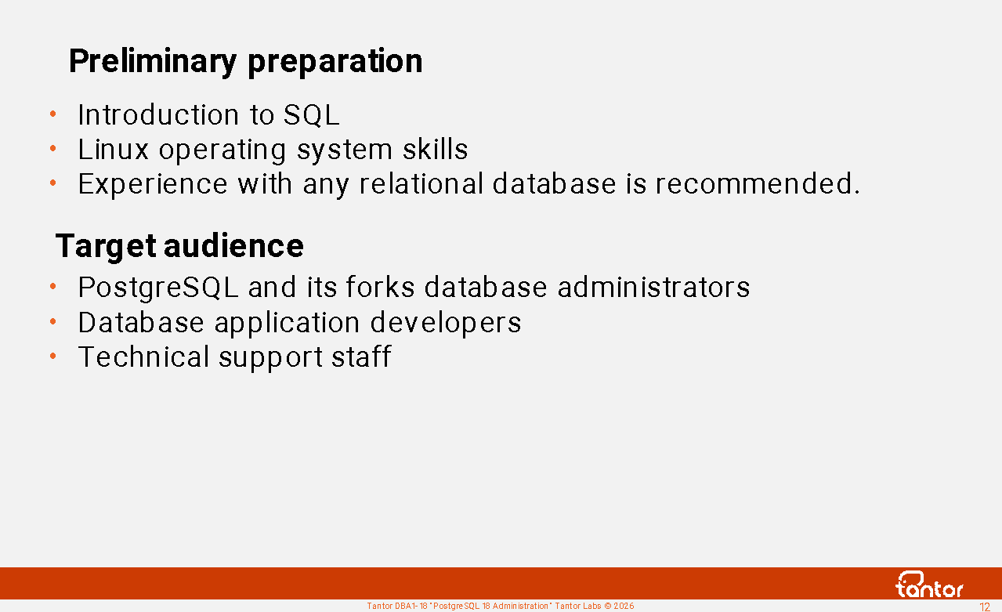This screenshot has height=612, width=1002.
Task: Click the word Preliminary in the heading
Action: click(153, 61)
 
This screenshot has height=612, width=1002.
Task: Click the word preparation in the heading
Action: click(335, 61)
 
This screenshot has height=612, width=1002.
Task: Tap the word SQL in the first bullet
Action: click(311, 115)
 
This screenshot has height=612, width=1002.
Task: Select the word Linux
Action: click(113, 149)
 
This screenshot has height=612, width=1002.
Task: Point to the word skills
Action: click(436, 149)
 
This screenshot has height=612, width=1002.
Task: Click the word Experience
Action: click(153, 184)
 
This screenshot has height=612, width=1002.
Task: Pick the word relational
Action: click(421, 183)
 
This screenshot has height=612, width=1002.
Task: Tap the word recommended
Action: click(758, 183)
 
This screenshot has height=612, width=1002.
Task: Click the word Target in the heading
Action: click(106, 246)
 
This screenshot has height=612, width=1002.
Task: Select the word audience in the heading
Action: click(233, 246)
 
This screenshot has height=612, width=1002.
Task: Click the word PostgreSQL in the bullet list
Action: click(158, 288)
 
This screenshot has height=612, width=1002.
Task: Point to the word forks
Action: click(380, 286)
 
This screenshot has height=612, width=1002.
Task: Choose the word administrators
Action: click(653, 287)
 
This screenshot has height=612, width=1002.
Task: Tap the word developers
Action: click(446, 323)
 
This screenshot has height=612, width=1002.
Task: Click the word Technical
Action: click(143, 357)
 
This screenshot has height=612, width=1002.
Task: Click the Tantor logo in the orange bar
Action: click(929, 585)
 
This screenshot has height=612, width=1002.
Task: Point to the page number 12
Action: click(985, 607)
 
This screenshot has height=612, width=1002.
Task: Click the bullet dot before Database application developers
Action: click(52, 321)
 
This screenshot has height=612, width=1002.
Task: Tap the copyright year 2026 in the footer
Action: click(624, 607)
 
